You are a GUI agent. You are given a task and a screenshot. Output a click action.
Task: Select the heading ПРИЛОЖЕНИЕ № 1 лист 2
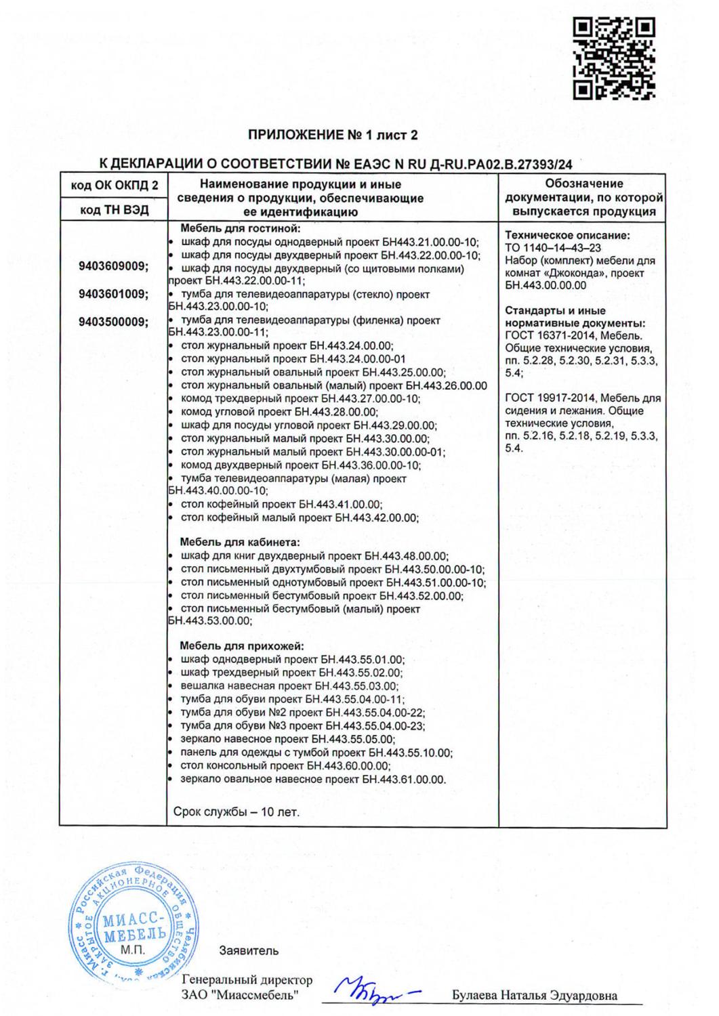click(333, 135)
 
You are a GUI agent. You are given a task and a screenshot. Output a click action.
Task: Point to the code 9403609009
click(113, 266)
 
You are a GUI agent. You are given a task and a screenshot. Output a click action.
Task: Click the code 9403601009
click(113, 294)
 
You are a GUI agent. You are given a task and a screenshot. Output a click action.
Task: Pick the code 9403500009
click(113, 322)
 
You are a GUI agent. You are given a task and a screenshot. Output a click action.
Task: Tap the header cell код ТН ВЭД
click(114, 210)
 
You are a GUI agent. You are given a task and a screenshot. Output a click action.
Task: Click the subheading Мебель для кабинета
click(239, 542)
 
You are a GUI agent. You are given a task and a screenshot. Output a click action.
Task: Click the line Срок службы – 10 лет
click(237, 811)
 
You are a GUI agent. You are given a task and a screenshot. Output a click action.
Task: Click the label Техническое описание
click(567, 236)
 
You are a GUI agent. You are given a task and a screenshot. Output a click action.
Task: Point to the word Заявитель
click(249, 950)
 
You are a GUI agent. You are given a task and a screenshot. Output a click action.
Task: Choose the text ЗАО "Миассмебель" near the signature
click(240, 996)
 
